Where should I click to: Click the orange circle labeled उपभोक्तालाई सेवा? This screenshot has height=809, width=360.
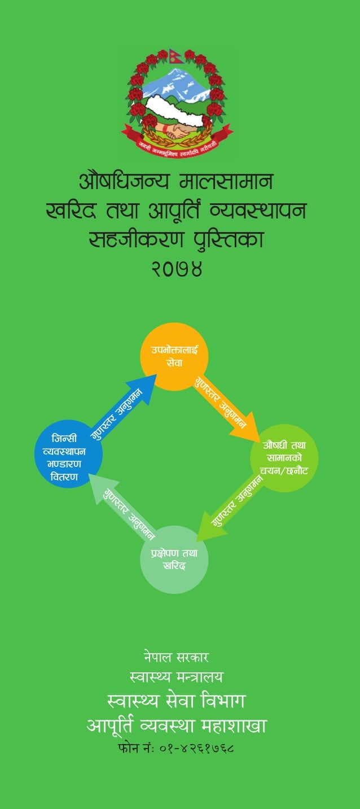174,356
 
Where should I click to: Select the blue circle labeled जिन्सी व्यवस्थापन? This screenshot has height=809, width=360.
68,454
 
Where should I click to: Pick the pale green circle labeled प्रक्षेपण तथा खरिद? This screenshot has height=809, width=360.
174,559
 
